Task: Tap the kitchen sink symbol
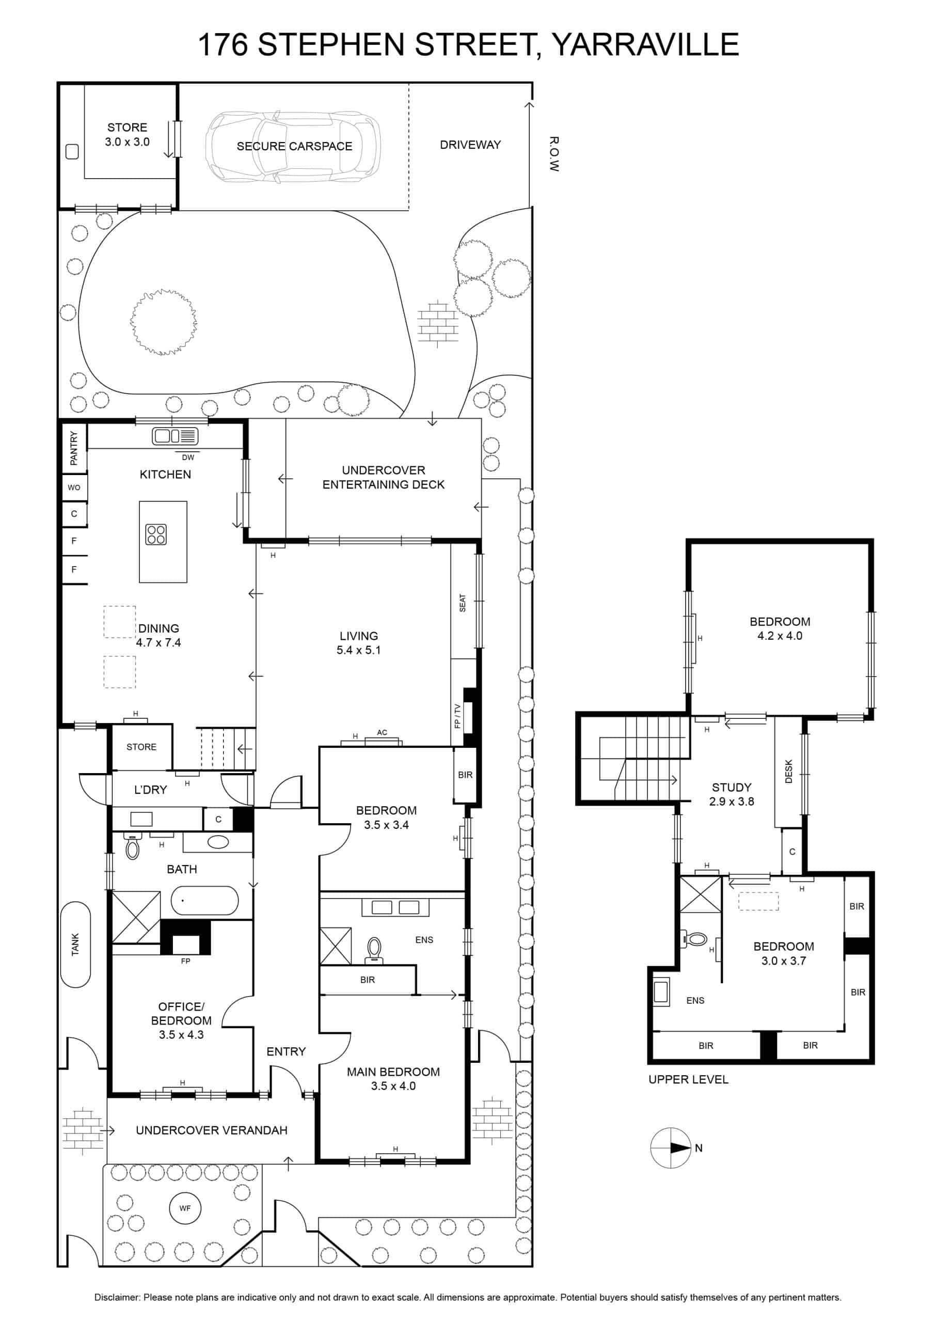(x=175, y=436)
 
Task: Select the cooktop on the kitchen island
(x=156, y=534)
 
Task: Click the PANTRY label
(x=74, y=448)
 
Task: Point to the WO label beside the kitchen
(x=74, y=487)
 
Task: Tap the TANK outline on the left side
(x=75, y=945)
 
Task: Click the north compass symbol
(x=670, y=1147)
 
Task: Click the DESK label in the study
(x=789, y=772)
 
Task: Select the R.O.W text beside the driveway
(x=554, y=154)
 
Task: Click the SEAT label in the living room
(x=462, y=603)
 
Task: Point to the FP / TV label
(x=457, y=716)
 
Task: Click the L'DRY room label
(x=150, y=790)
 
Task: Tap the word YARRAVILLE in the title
(x=645, y=44)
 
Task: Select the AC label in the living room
(x=382, y=732)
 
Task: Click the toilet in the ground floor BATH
(x=132, y=846)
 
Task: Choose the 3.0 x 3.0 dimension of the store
(x=127, y=141)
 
